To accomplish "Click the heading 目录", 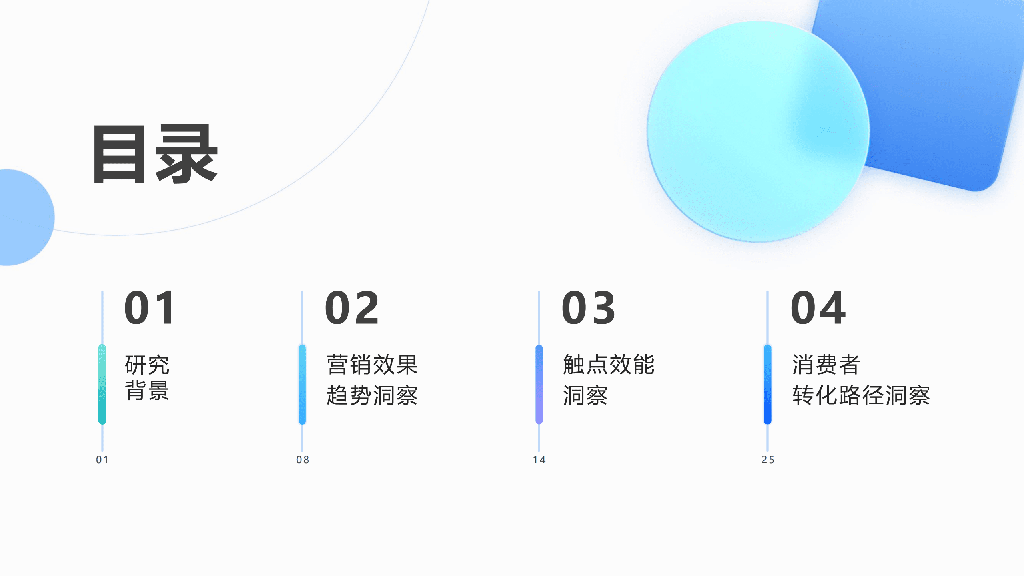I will click(x=155, y=154).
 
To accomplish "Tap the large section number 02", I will click(x=352, y=308).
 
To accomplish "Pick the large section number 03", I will click(x=589, y=308).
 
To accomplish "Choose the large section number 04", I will click(x=818, y=308).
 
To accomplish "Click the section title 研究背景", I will click(x=147, y=377).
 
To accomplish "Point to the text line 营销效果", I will click(x=372, y=365).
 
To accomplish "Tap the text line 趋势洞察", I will click(x=372, y=395).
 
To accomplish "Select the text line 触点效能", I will click(x=609, y=365).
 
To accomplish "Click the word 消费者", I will click(x=826, y=365).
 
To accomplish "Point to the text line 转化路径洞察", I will click(x=861, y=395).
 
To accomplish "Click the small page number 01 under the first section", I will click(x=102, y=460).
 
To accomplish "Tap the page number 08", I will click(x=303, y=460).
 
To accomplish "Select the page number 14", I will click(x=539, y=460).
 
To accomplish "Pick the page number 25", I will click(x=768, y=460).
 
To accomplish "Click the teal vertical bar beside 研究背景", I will click(x=102, y=384).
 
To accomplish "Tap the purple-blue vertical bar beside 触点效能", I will click(x=539, y=384).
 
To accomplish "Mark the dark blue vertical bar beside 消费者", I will click(x=767, y=384).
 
